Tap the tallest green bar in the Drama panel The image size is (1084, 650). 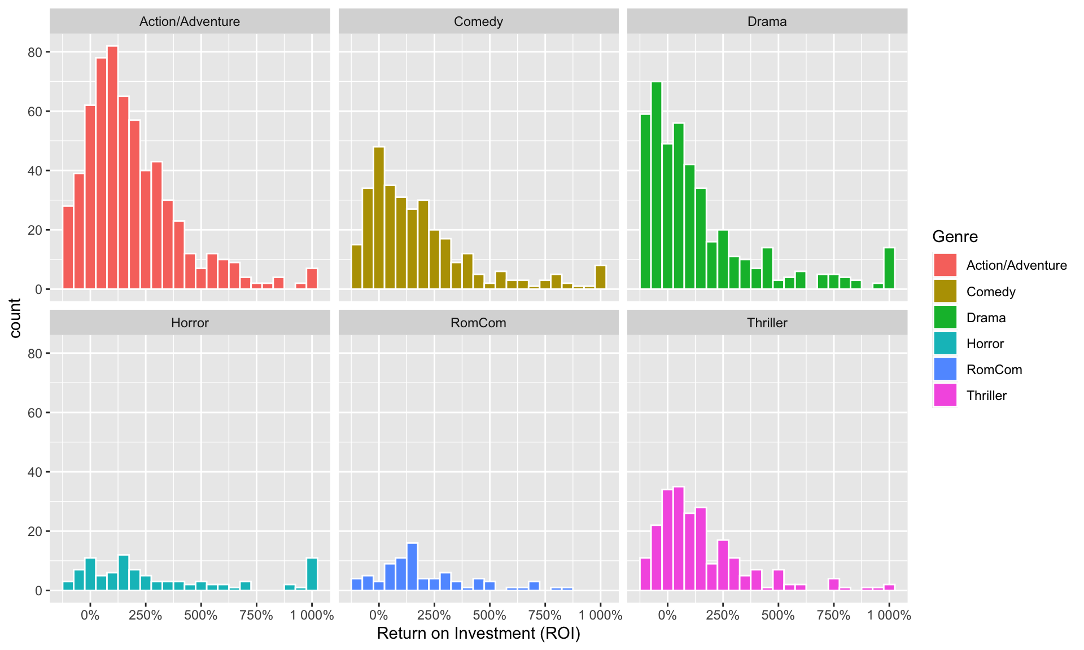pos(656,186)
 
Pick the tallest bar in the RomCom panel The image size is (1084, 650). pos(412,566)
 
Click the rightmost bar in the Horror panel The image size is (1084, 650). pos(312,574)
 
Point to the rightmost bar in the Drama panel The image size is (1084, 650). pos(889,269)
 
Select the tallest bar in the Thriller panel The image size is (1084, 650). pos(679,538)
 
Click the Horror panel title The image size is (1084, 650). pos(190,323)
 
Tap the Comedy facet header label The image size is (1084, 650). pos(478,21)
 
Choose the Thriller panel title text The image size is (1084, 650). pos(767,323)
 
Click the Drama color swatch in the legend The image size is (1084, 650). pos(945,317)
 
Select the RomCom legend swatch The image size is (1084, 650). pos(945,370)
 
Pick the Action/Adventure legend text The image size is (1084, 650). pos(1016,265)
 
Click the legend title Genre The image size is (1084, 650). pos(955,236)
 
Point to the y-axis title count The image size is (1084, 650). pos(15,318)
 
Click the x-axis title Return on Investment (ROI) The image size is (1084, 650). pos(478,633)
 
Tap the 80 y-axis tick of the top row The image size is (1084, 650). pos(35,52)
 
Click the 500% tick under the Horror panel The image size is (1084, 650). pos(201,615)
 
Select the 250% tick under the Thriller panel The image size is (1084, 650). pos(723,615)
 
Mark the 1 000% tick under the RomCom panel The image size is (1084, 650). pos(600,615)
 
